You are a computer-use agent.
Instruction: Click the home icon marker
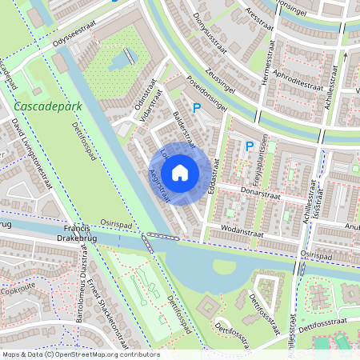[180, 173]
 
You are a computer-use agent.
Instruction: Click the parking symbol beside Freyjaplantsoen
[249, 146]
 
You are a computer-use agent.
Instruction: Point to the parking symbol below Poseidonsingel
[198, 108]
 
